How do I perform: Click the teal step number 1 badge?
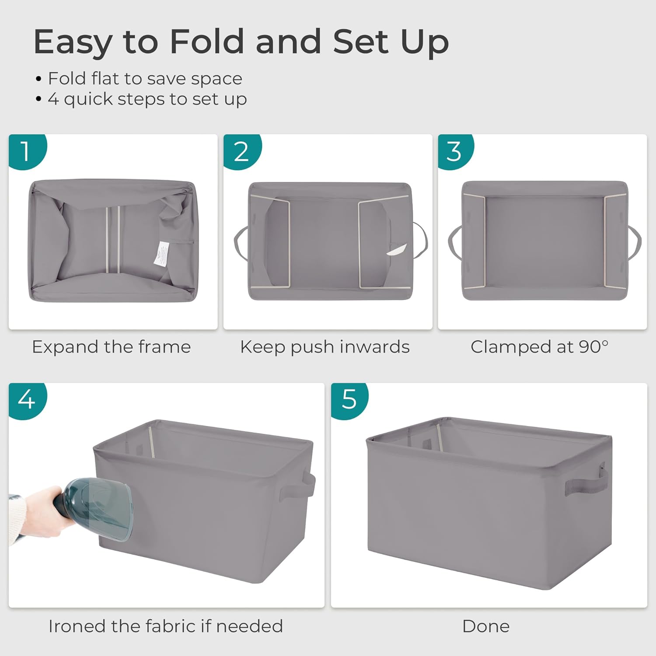coord(26,151)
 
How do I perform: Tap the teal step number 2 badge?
coord(241,151)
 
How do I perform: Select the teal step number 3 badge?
coord(455,151)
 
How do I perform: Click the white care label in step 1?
coord(161,253)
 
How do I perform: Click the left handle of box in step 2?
coord(240,243)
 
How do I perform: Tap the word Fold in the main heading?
coord(206,42)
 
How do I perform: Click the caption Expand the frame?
coord(111,347)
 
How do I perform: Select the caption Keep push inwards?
coord(325,347)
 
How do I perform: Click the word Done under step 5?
coord(485,626)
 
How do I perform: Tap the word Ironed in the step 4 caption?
coord(77,626)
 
